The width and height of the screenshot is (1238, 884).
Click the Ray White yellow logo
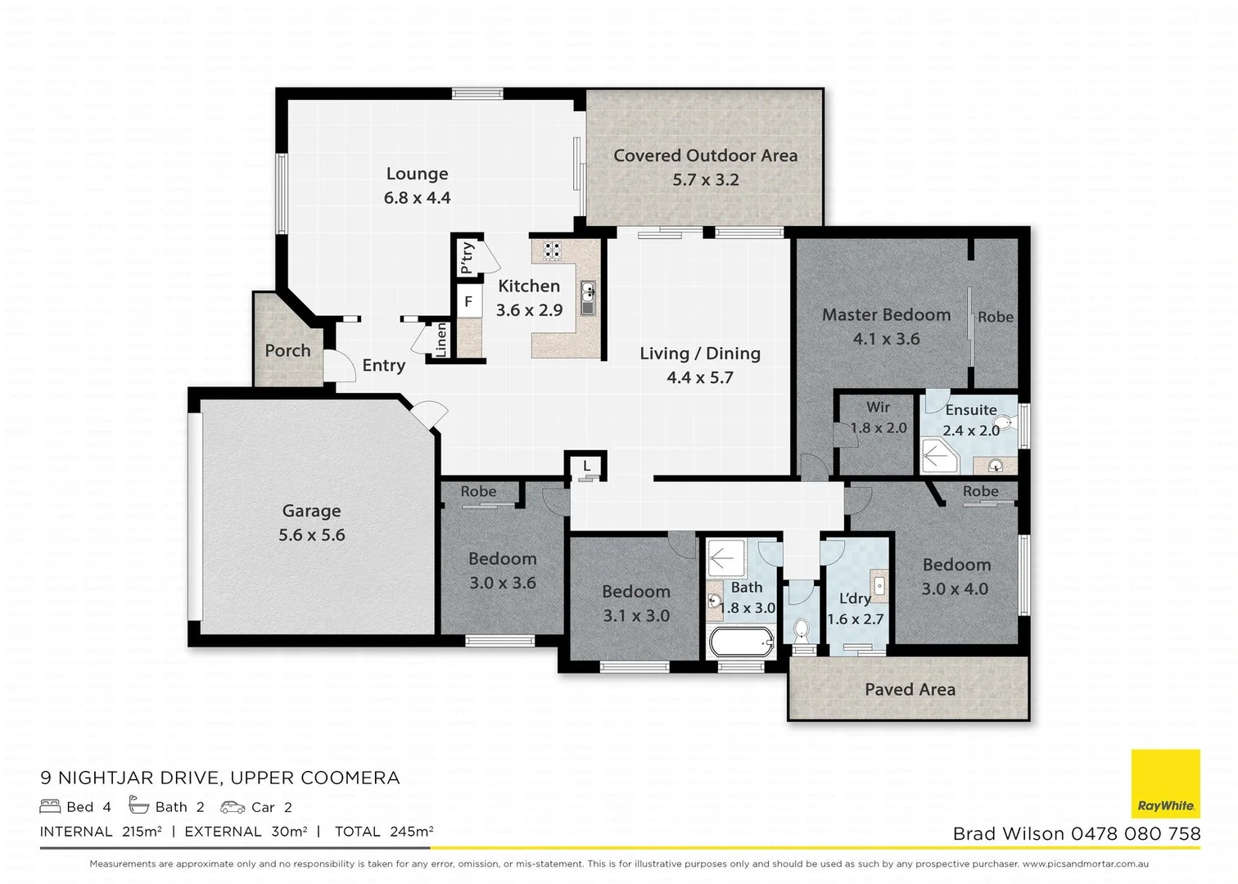(1166, 783)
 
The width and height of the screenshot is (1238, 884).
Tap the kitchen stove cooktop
(552, 250)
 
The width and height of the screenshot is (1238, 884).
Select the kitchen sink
(588, 298)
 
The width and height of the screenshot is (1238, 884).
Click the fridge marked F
(468, 301)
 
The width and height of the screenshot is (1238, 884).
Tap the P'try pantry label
(467, 258)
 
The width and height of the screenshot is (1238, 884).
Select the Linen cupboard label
(441, 340)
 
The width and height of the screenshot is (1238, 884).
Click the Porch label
(287, 350)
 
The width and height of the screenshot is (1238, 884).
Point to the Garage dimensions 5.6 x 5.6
(312, 534)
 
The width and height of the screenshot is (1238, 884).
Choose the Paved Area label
(910, 689)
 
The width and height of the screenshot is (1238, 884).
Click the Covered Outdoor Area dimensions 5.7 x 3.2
(706, 179)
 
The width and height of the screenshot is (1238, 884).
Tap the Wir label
(879, 407)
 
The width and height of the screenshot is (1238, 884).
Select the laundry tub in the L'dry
(879, 585)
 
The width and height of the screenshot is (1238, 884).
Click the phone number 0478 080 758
(1136, 834)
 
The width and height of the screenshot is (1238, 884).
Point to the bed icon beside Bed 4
(50, 806)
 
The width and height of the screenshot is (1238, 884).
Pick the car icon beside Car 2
(233, 807)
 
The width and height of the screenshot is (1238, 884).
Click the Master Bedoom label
(886, 315)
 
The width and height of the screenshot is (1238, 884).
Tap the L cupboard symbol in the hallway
(587, 467)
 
